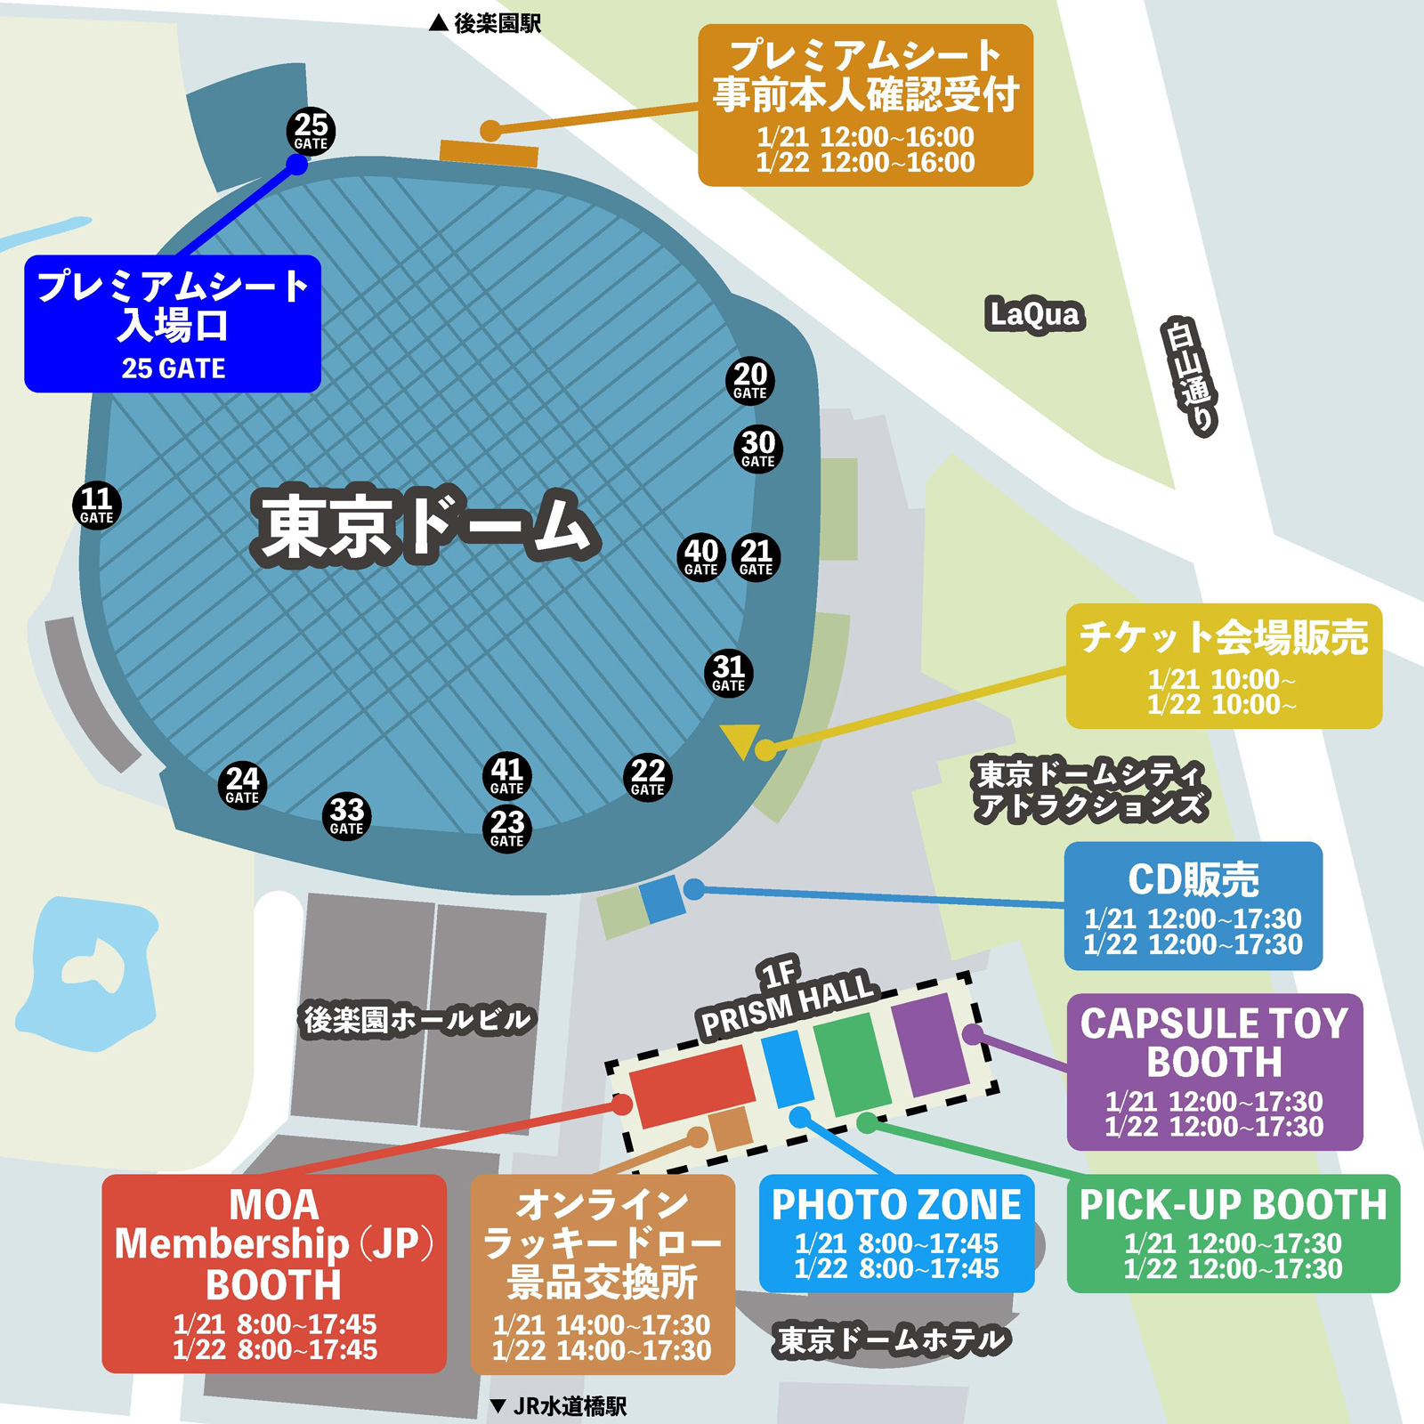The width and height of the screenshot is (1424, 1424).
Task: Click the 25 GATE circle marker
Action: pos(311,132)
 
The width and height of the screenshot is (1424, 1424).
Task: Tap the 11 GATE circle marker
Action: pos(96,506)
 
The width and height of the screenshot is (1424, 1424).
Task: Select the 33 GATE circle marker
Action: pos(346,816)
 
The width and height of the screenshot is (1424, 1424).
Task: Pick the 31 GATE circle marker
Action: pos(729,673)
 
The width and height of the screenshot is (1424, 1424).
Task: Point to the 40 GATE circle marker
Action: pos(701,557)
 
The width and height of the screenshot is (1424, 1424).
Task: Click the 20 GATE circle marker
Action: pos(750,381)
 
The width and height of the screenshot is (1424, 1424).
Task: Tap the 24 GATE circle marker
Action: pos(242,785)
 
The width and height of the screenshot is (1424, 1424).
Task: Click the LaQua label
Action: pos(1034,314)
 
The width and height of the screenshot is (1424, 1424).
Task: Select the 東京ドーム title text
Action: pos(425,526)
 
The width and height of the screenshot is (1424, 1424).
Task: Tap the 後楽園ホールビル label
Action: pos(417,1020)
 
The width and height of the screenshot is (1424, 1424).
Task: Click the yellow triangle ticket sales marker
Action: pos(740,740)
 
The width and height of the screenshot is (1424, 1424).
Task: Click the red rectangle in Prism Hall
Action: pos(692,1084)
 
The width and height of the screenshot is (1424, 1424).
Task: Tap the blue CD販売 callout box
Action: pos(1193,906)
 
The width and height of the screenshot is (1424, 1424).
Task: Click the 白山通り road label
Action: pos(1190,376)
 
